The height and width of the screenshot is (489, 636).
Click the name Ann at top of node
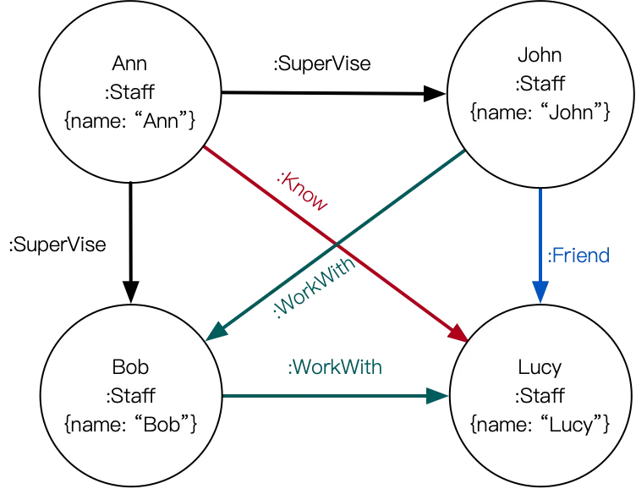(129, 64)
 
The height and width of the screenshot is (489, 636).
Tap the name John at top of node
(540, 56)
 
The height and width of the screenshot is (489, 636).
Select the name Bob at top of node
(130, 367)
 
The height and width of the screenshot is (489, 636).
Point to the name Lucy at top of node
(540, 367)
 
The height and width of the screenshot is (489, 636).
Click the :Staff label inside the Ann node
(129, 92)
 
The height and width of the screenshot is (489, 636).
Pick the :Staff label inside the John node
(540, 84)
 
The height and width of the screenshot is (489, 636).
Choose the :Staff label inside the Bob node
(130, 395)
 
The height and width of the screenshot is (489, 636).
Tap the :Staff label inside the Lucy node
(540, 395)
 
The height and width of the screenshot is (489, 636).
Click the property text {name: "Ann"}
(129, 121)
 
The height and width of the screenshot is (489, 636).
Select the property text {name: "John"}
(540, 112)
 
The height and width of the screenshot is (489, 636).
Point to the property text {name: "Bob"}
(130, 424)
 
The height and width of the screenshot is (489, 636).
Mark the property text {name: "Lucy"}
(540, 424)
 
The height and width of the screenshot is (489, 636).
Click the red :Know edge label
(303, 192)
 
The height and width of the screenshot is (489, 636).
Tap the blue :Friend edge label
(578, 255)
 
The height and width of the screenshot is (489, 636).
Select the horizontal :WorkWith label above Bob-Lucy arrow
(335, 367)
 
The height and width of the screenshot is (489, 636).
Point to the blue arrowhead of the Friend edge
(540, 293)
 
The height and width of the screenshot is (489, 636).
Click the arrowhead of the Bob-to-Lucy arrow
(437, 395)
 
